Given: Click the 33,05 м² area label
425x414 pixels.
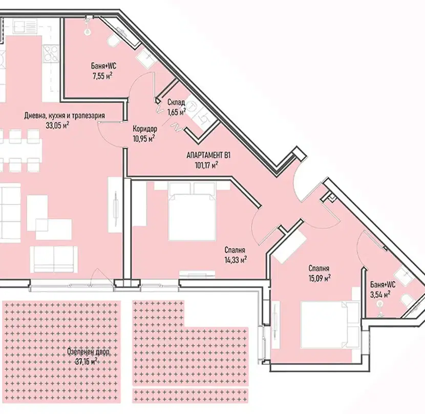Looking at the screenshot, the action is (x=57, y=125).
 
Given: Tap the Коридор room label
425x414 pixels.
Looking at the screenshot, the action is (x=145, y=128).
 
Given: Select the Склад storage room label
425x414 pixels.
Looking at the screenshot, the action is (x=176, y=102).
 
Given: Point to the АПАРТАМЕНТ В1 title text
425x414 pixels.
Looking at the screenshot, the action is (x=208, y=155).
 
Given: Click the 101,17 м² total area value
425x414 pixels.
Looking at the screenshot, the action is (x=206, y=164).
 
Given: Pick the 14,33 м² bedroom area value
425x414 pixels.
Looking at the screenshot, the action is (x=235, y=260).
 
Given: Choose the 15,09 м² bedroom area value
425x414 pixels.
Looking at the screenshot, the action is (x=320, y=278).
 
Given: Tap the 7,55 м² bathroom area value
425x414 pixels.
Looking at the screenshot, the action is (x=102, y=76).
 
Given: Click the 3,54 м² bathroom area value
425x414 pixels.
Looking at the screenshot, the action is (x=380, y=294).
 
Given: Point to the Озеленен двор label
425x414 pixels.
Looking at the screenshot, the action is (x=89, y=352).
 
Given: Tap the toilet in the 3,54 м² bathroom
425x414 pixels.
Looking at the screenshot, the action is (x=408, y=300).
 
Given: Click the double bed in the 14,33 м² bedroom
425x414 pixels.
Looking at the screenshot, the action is (x=192, y=211).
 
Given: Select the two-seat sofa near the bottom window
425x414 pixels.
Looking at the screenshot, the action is (x=54, y=259).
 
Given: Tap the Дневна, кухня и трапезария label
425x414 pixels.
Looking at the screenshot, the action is (x=65, y=116).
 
